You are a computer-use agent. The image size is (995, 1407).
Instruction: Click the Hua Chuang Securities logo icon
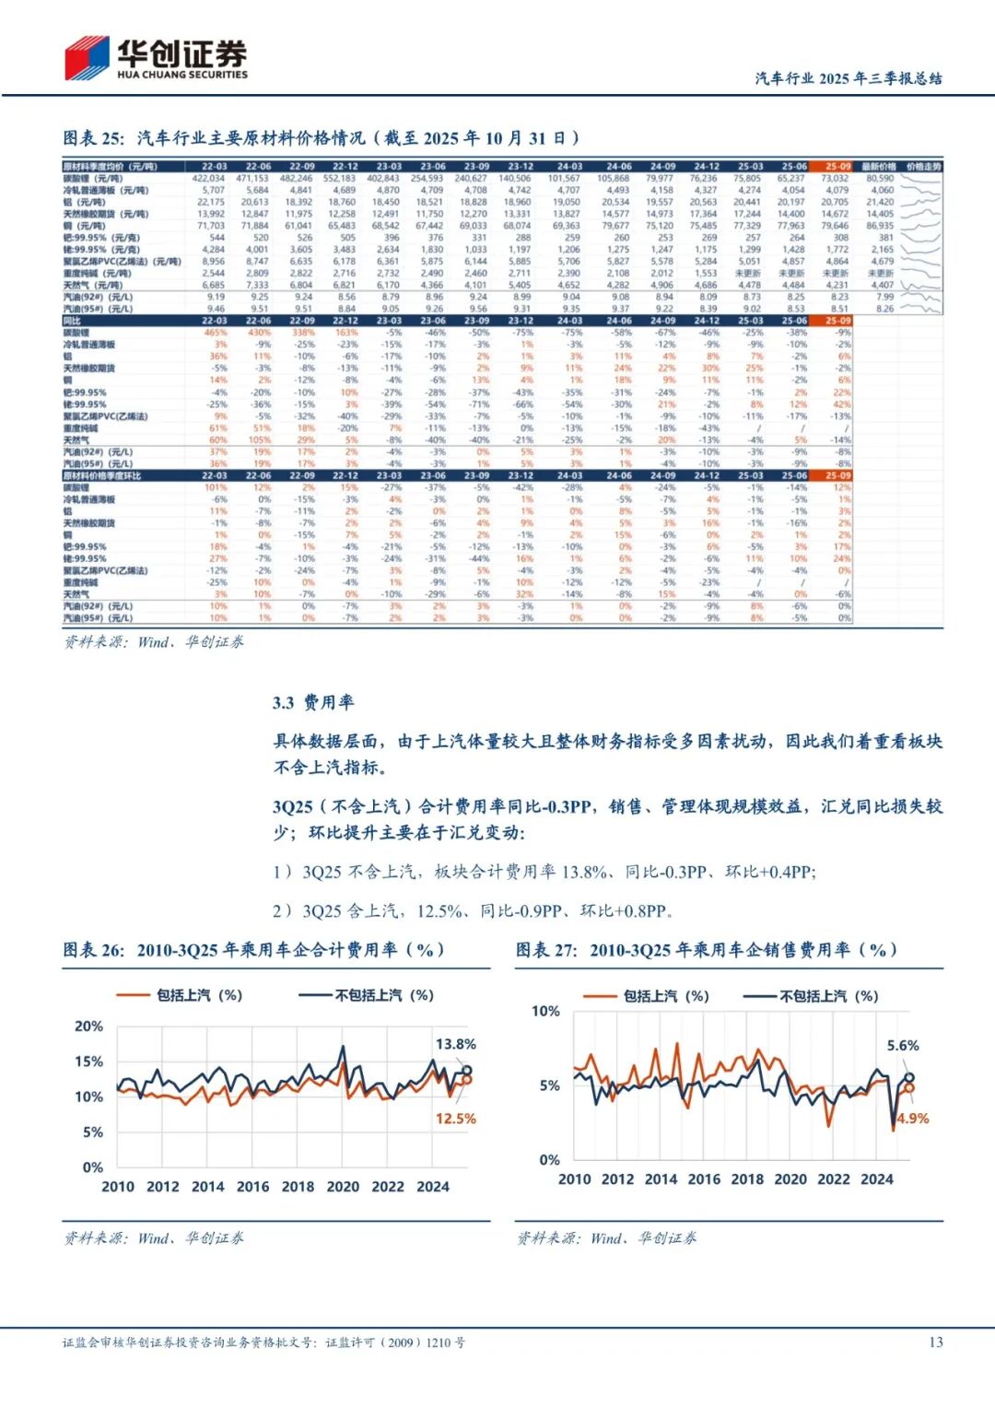(87, 58)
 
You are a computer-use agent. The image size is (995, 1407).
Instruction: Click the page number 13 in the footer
(935, 1343)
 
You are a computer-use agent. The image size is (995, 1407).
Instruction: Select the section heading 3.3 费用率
(313, 703)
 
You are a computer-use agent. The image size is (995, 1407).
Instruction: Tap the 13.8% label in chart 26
(455, 1044)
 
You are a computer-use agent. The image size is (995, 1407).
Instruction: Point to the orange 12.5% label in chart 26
(455, 1119)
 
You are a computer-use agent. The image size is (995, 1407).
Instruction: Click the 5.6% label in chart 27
(903, 1046)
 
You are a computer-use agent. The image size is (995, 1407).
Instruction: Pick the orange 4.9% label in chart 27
(912, 1119)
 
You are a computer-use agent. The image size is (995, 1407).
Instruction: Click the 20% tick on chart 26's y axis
(88, 1026)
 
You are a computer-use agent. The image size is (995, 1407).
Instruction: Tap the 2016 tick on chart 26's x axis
(252, 1187)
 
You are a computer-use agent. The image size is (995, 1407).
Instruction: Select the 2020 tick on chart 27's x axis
(790, 1179)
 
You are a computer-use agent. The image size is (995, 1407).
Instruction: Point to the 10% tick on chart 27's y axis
(545, 1011)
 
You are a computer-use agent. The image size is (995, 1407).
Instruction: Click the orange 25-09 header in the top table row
(837, 167)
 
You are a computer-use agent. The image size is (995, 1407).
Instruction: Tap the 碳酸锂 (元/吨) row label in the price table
(92, 179)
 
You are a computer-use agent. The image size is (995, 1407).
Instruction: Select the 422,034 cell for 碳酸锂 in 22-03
(208, 179)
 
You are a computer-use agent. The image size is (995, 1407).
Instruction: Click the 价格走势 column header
(923, 167)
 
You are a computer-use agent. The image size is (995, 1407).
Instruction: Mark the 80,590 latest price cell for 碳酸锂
(880, 179)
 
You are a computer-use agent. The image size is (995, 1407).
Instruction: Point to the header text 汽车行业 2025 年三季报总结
(848, 78)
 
